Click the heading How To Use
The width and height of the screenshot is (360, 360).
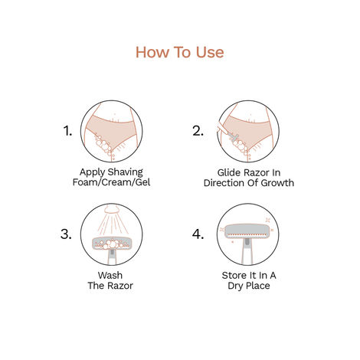pos(180,52)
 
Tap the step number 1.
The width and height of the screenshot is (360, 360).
pos(68,130)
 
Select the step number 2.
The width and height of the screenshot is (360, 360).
pos(198,130)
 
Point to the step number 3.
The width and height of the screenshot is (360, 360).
pos(68,234)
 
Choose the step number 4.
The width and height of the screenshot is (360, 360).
pos(198,234)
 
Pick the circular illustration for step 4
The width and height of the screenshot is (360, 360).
pos(248,233)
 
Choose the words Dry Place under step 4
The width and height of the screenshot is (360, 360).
pos(248,286)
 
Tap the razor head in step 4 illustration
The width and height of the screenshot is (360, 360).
pos(248,227)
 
